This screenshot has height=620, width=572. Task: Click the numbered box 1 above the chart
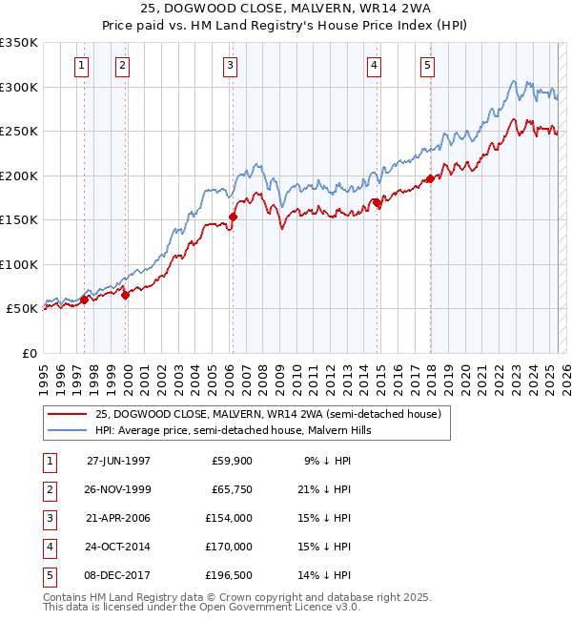point(82,66)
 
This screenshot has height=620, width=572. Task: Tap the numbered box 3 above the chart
point(231,66)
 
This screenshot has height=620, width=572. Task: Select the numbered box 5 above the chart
point(426,66)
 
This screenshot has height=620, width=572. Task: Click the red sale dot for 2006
point(233,217)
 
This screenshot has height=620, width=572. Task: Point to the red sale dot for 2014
point(377,203)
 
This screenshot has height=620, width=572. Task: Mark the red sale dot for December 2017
point(430,178)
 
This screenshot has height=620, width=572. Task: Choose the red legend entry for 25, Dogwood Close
point(267,415)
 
